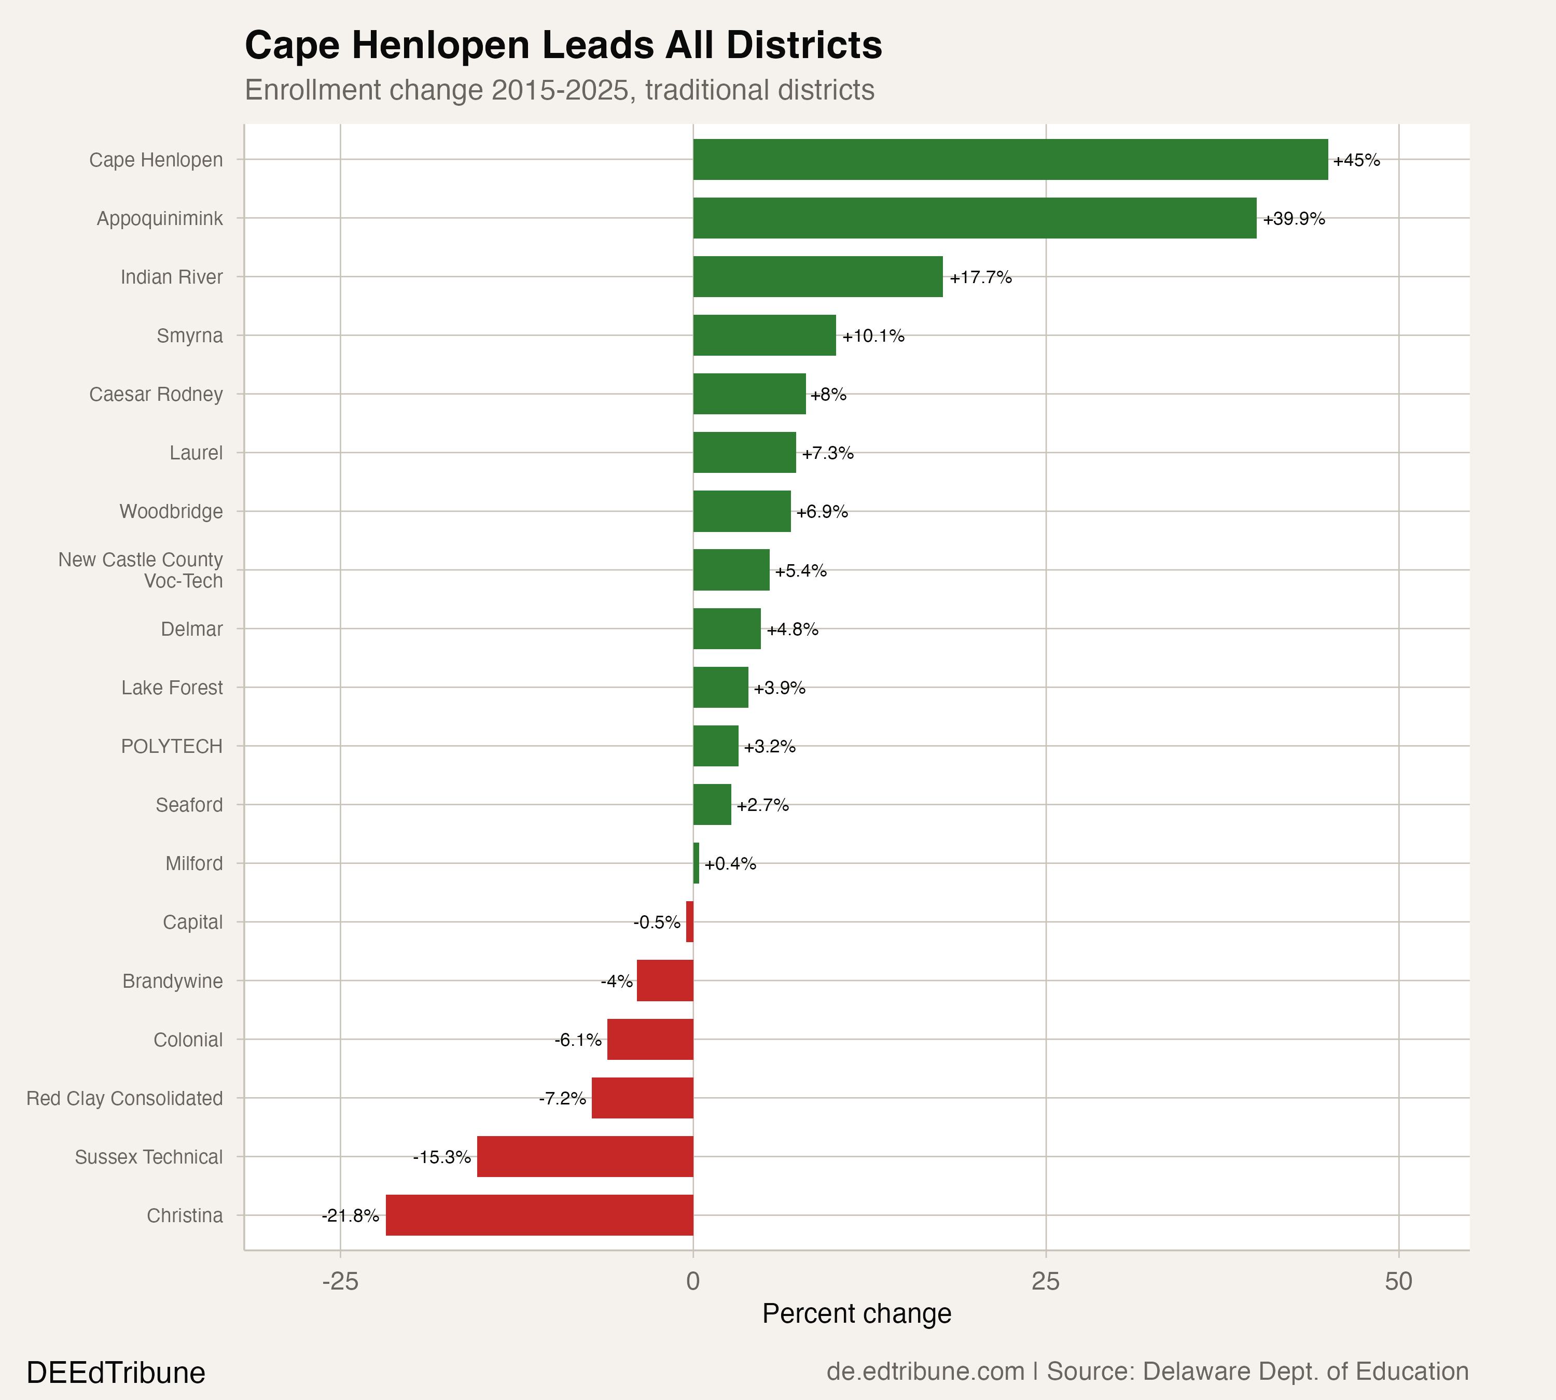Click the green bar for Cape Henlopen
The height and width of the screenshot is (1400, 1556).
pyautogui.click(x=1010, y=160)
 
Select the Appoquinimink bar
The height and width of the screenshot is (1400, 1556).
pyautogui.click(x=974, y=218)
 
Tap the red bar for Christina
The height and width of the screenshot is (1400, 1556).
pyautogui.click(x=539, y=1215)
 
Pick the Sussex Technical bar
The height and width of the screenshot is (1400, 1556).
pyautogui.click(x=585, y=1157)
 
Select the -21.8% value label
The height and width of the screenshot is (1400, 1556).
pyautogui.click(x=350, y=1216)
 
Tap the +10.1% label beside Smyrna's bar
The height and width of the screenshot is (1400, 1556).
pyautogui.click(x=873, y=336)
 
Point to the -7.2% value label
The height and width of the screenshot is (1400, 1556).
pyautogui.click(x=563, y=1098)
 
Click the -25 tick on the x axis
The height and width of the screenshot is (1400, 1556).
pyautogui.click(x=340, y=1282)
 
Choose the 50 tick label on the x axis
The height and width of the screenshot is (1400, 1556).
pyautogui.click(x=1398, y=1282)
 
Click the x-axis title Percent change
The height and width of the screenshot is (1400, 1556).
pyautogui.click(x=856, y=1314)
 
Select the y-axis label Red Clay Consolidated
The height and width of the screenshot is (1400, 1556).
pyautogui.click(x=124, y=1098)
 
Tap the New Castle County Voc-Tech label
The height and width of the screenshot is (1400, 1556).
pyautogui.click(x=141, y=570)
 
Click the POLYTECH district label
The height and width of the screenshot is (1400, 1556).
pyautogui.click(x=172, y=746)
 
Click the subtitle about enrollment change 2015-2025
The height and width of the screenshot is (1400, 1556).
pyautogui.click(x=560, y=90)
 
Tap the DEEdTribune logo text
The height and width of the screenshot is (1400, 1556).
pyautogui.click(x=116, y=1373)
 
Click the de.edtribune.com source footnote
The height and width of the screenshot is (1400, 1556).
pyautogui.click(x=1147, y=1371)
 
